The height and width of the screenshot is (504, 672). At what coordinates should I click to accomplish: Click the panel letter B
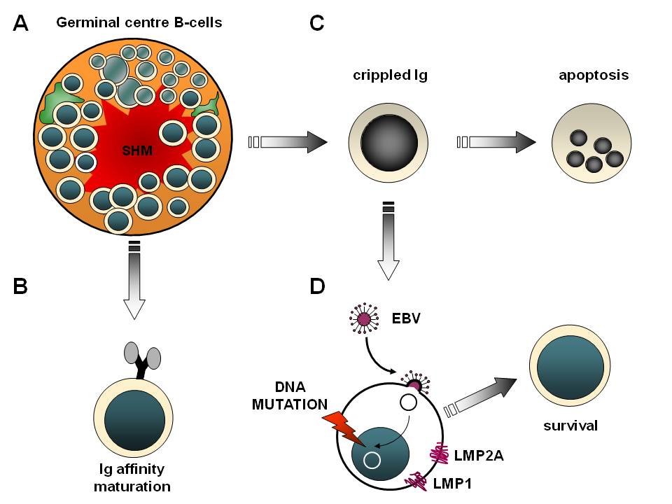click(20, 286)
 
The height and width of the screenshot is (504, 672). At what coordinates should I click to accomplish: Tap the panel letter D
click(316, 286)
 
